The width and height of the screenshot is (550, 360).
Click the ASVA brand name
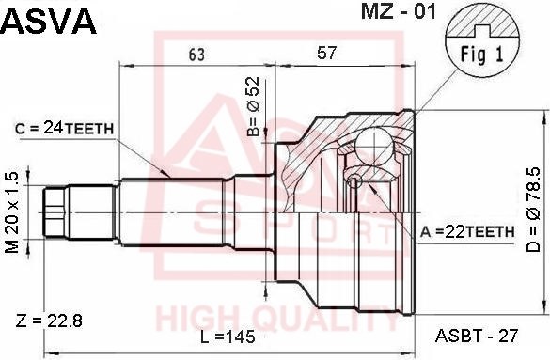click(x=48, y=21)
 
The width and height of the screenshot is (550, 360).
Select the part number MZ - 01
click(x=398, y=11)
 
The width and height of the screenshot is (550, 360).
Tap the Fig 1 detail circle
click(x=482, y=40)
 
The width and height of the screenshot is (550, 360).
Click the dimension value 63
click(x=196, y=55)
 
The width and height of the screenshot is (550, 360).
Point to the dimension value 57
click(x=326, y=53)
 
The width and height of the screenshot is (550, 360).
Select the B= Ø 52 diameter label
click(x=253, y=106)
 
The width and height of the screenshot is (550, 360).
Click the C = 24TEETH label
click(x=65, y=129)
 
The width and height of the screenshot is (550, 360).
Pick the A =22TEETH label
click(x=467, y=232)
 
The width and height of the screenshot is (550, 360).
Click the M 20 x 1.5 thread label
click(x=12, y=212)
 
